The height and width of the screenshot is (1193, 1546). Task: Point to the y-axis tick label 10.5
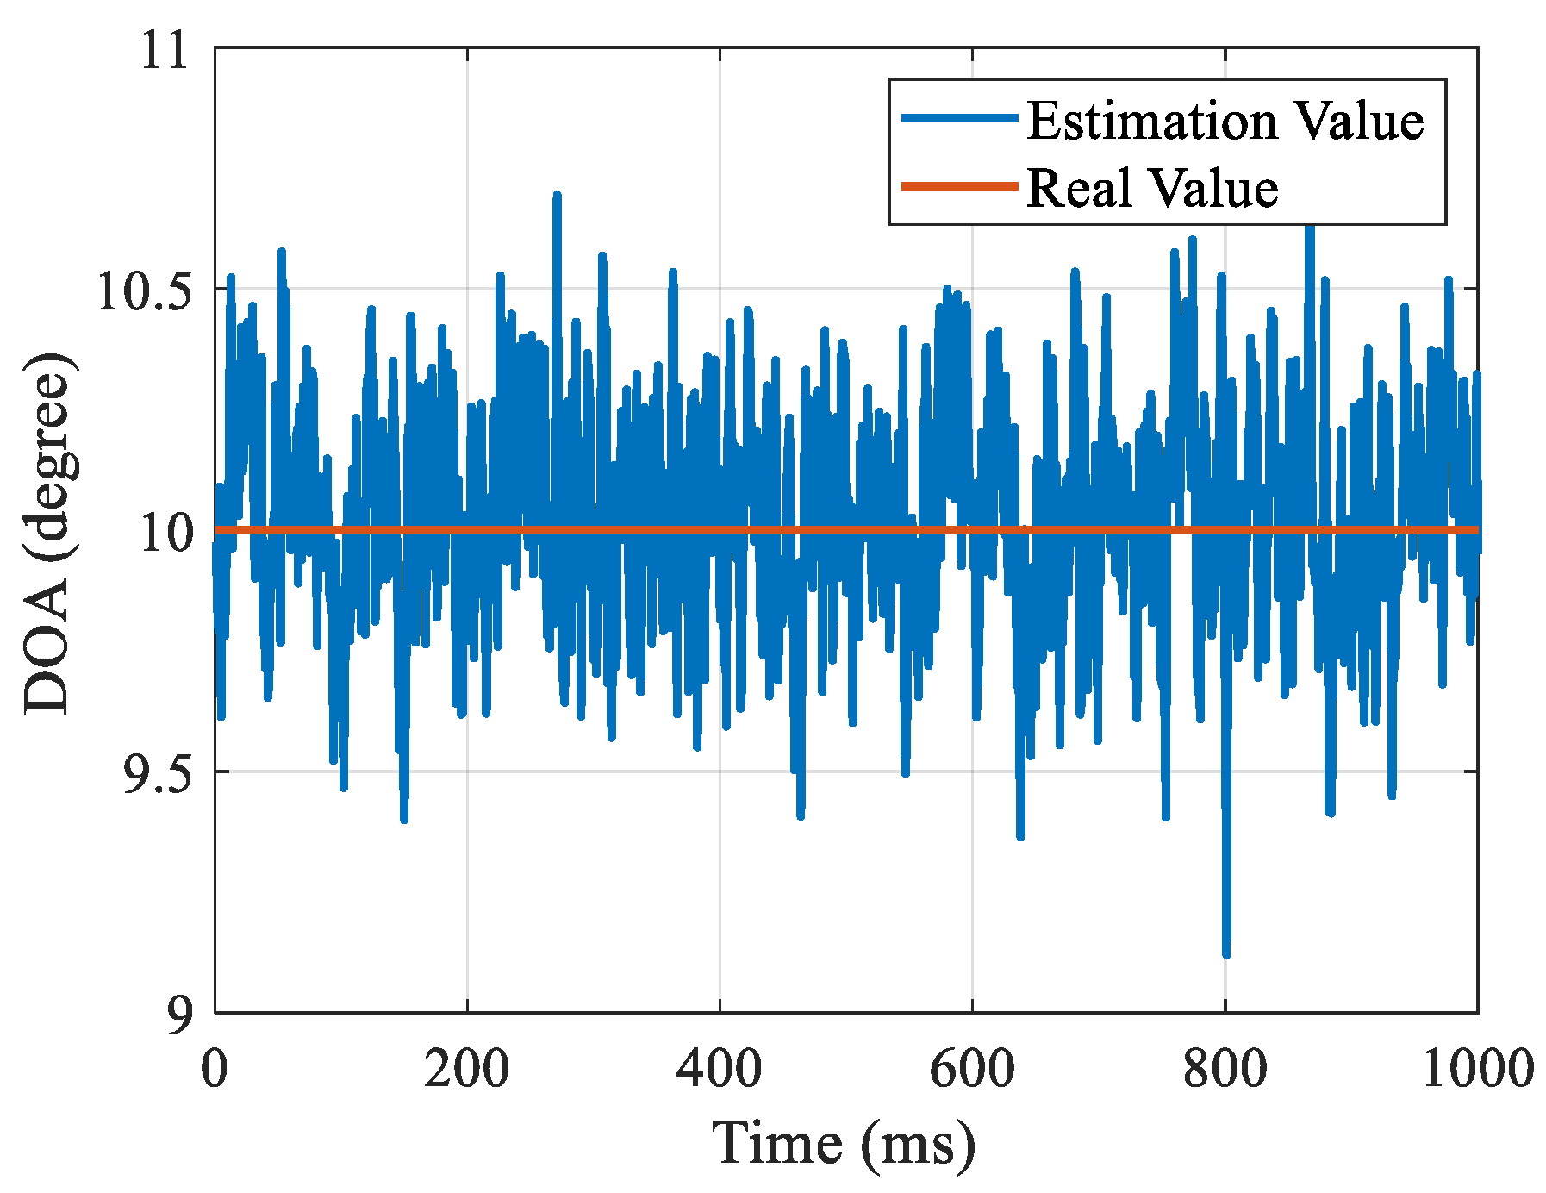(142, 292)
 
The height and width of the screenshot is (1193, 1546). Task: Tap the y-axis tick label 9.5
(153, 774)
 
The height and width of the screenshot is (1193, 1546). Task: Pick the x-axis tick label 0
(215, 1069)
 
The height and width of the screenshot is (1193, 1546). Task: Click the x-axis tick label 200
(466, 1069)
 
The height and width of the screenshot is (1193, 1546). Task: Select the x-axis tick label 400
(719, 1069)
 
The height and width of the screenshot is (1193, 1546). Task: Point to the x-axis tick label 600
(971, 1069)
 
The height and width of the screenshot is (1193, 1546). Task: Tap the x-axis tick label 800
(1224, 1069)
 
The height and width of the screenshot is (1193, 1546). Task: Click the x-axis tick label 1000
(1476, 1069)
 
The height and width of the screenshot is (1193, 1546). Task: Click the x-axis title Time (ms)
(844, 1145)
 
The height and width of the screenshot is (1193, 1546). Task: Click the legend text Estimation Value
(1225, 120)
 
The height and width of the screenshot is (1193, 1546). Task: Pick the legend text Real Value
(1152, 187)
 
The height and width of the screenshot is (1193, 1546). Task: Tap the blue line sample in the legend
(959, 118)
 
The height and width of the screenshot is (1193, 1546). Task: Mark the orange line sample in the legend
(959, 186)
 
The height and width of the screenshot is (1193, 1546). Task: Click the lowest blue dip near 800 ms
(1226, 952)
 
